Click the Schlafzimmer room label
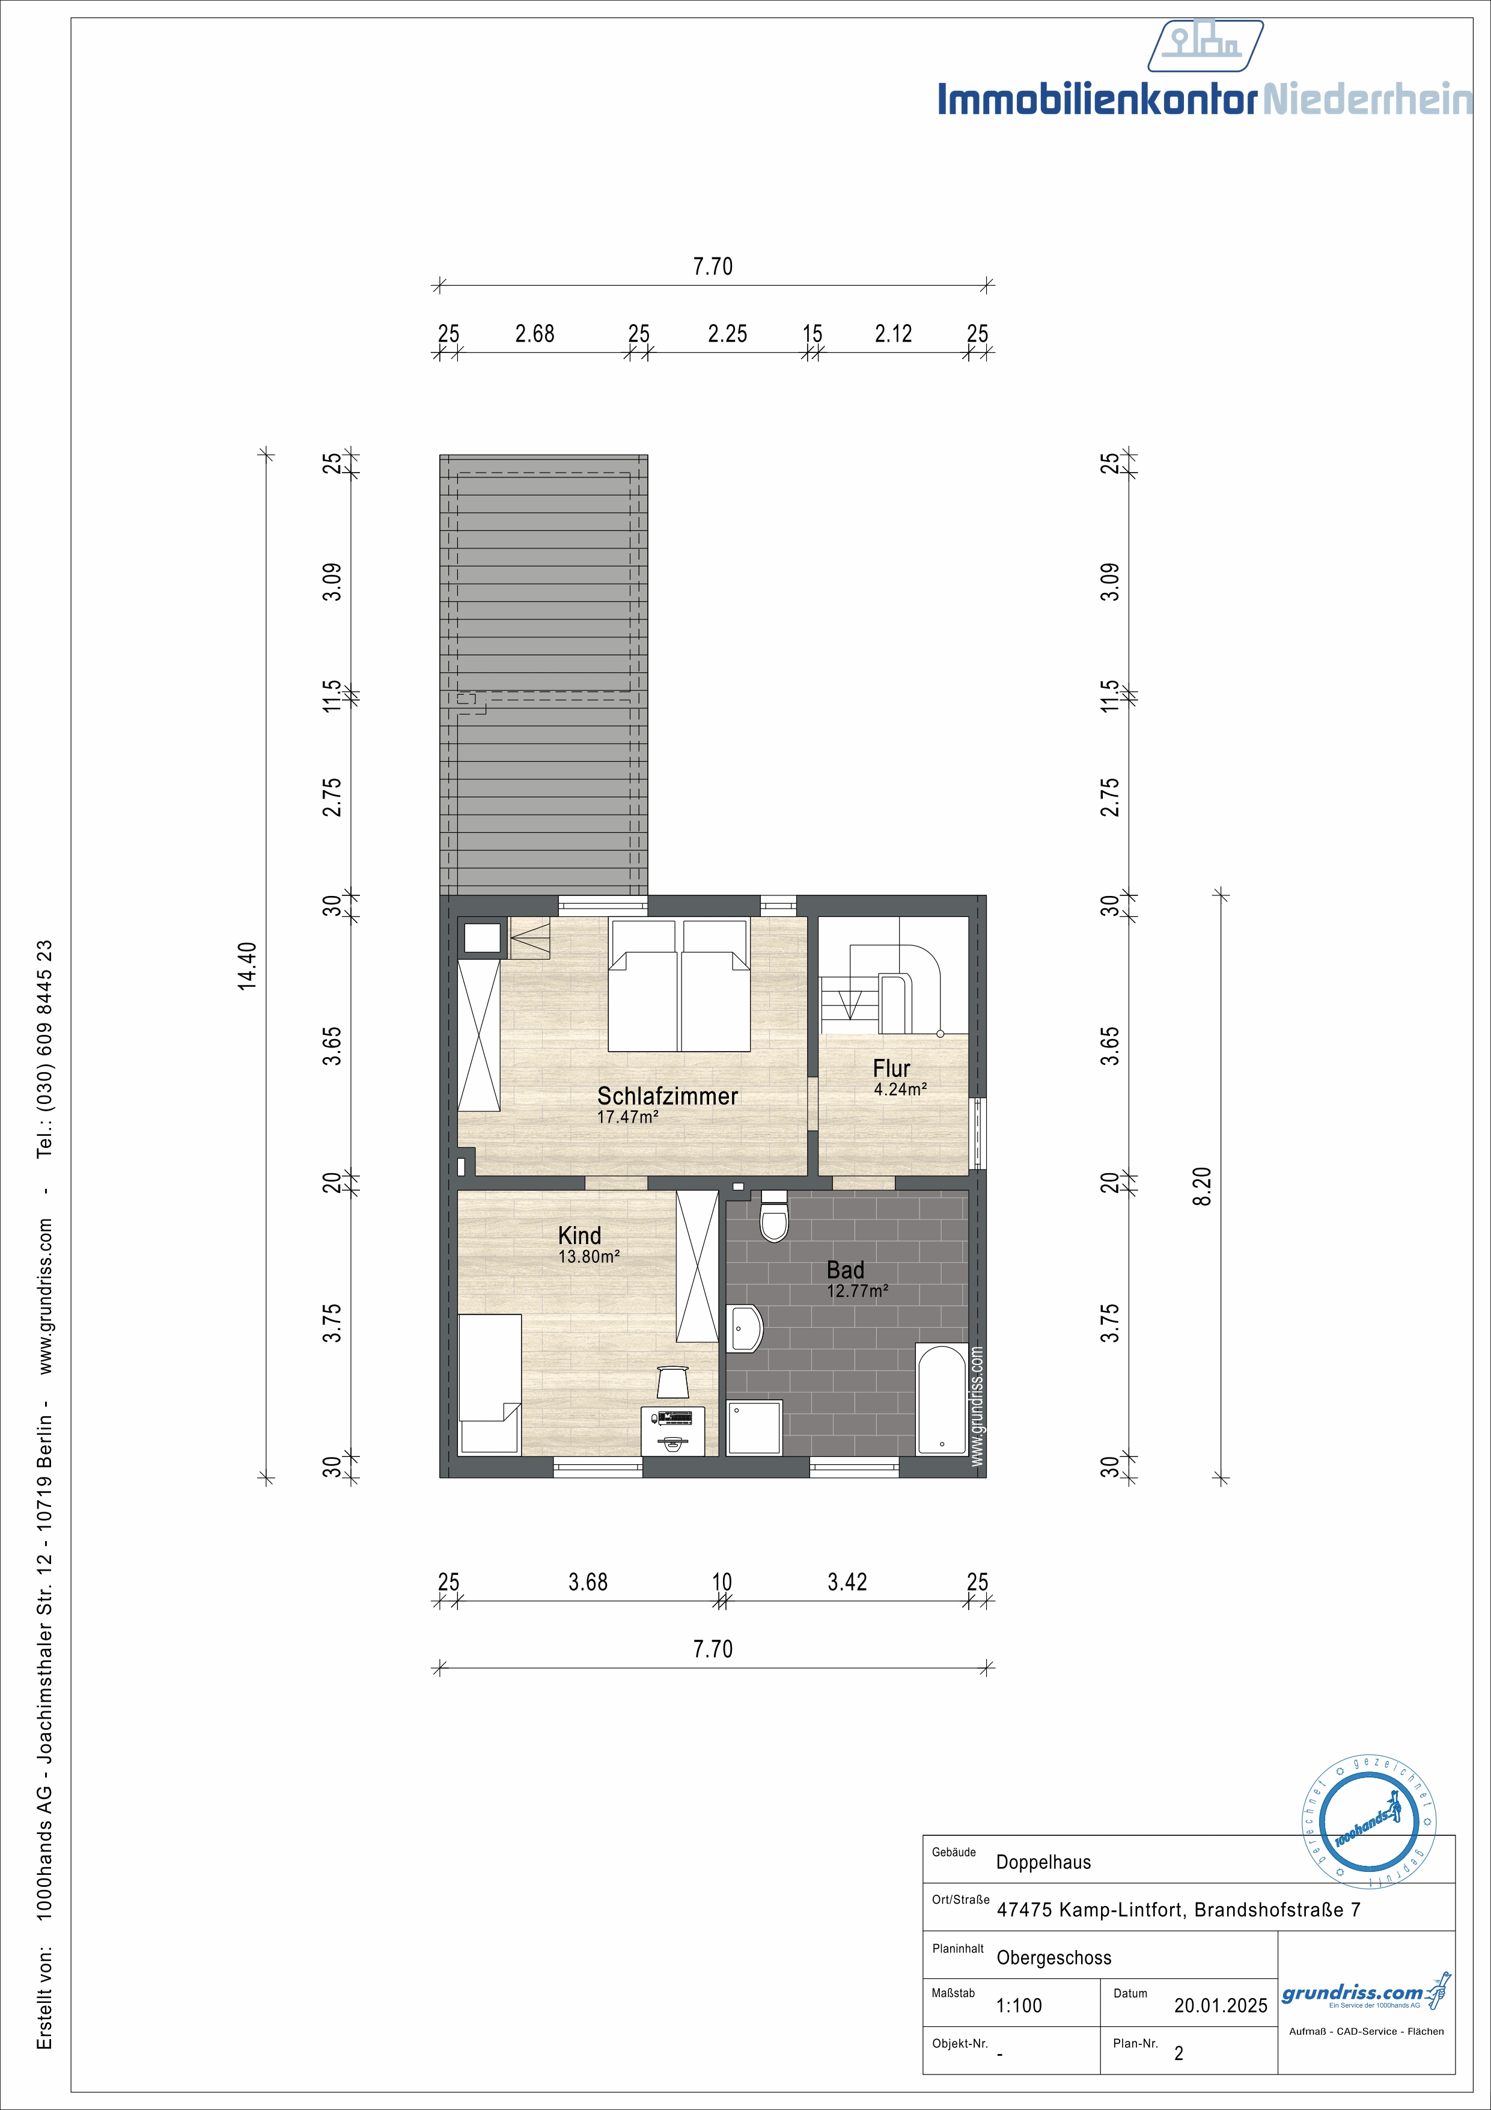(668, 1096)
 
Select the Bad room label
(845, 1270)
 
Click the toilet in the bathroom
(775, 1216)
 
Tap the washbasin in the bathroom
(745, 1328)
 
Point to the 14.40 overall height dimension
(247, 965)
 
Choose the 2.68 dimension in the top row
(535, 334)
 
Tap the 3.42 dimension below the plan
(847, 1581)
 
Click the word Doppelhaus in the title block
(1044, 1863)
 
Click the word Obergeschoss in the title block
(1053, 1958)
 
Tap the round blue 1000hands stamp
(1369, 1823)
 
